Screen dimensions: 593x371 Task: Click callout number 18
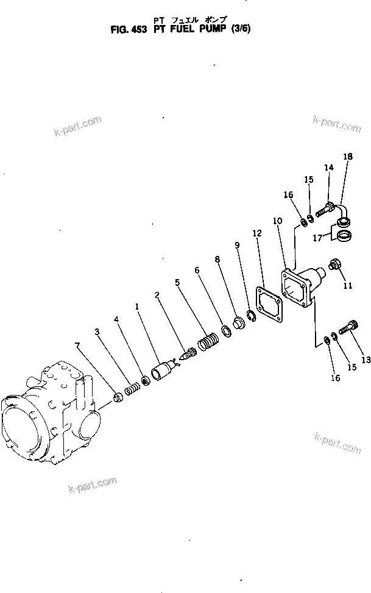[347, 157]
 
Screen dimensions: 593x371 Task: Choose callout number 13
[366, 360]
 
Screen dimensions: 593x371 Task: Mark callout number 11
[348, 285]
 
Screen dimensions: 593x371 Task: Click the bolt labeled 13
[348, 327]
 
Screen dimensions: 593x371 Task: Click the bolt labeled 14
[325, 210]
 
